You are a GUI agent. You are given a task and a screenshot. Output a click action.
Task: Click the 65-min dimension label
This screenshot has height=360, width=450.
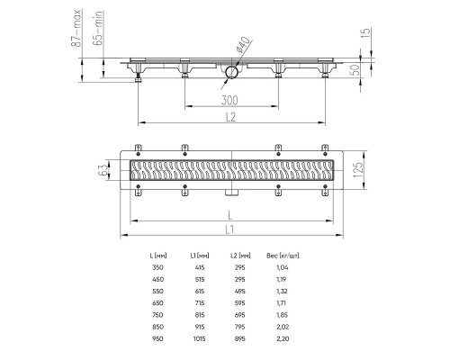click(98, 28)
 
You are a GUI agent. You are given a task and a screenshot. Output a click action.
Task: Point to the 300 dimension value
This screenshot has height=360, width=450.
click(229, 100)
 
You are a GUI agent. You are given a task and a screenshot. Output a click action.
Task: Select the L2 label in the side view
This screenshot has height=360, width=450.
click(230, 117)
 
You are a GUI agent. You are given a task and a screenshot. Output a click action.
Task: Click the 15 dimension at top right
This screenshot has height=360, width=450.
click(365, 33)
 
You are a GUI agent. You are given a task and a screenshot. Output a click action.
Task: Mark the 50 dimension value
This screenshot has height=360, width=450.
click(355, 70)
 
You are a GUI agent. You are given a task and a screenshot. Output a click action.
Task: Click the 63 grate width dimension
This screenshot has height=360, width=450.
click(103, 170)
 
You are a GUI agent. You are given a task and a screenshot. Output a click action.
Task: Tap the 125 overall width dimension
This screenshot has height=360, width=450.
click(358, 170)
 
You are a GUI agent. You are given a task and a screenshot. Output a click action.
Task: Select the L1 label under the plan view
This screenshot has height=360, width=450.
click(229, 229)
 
